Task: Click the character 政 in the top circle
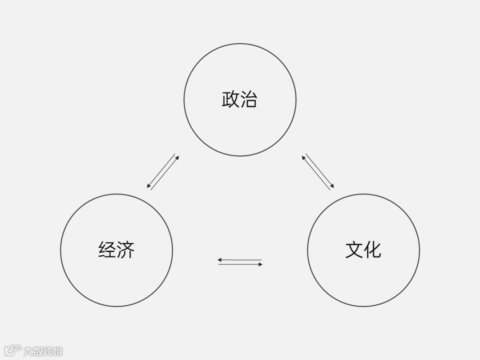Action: tap(230, 99)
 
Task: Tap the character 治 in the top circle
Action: tap(248, 99)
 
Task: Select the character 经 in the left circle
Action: tap(107, 249)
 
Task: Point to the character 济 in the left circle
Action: tap(125, 249)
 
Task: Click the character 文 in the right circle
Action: tap(354, 249)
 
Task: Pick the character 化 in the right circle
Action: tap(372, 249)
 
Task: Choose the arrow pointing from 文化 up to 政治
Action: tap(315, 173)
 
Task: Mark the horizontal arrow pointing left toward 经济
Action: tap(240, 260)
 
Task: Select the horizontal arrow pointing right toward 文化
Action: tap(240, 264)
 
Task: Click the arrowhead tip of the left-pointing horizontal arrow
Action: tap(219, 260)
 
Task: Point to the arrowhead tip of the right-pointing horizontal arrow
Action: tap(261, 264)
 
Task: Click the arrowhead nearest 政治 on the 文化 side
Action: tap(303, 157)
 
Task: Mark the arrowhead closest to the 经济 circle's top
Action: tap(148, 186)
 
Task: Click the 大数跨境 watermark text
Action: tap(43, 351)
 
